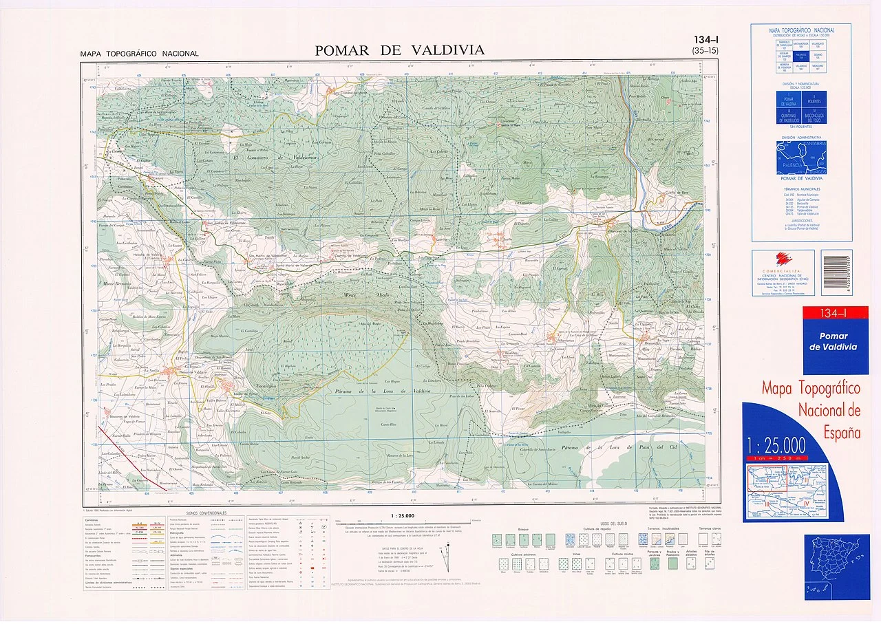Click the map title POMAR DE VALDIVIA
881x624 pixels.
pos(399,50)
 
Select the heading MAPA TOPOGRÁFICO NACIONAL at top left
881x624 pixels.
pos(139,54)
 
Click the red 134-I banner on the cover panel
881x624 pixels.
pos(834,314)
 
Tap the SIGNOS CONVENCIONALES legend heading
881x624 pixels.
pos(206,513)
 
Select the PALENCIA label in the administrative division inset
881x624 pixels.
pos(789,165)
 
